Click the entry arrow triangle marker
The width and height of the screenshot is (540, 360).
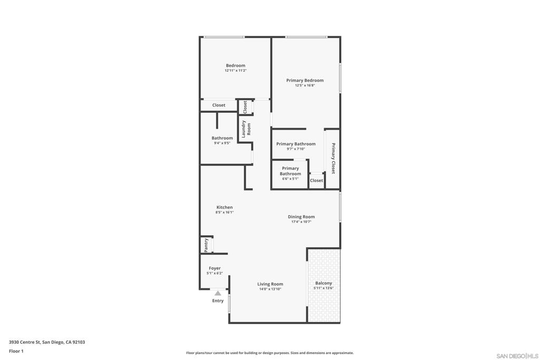218,293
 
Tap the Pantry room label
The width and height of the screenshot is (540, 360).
206,245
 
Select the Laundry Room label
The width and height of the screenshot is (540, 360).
246,129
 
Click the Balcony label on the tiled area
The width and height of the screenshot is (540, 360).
323,283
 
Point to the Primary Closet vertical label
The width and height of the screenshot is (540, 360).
333,158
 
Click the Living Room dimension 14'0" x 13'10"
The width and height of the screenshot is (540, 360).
270,289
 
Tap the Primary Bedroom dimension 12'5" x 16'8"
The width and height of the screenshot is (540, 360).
305,85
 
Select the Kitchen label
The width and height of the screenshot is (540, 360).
225,207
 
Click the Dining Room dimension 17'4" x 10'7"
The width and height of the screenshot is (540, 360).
301,222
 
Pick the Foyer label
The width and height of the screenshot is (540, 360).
215,268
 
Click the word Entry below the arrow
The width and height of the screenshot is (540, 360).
218,301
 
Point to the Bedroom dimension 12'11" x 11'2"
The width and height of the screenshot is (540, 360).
236,71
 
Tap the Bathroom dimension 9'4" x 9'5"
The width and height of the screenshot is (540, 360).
222,143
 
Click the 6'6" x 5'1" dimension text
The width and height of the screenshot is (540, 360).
291,179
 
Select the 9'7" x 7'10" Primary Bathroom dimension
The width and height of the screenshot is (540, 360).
296,149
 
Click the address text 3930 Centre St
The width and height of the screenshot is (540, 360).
25,342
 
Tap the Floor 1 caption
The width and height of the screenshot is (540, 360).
16,351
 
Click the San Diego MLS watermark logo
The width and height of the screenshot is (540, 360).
517,356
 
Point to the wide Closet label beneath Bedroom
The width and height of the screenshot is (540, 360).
219,105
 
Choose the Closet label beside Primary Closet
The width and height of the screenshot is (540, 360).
316,180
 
